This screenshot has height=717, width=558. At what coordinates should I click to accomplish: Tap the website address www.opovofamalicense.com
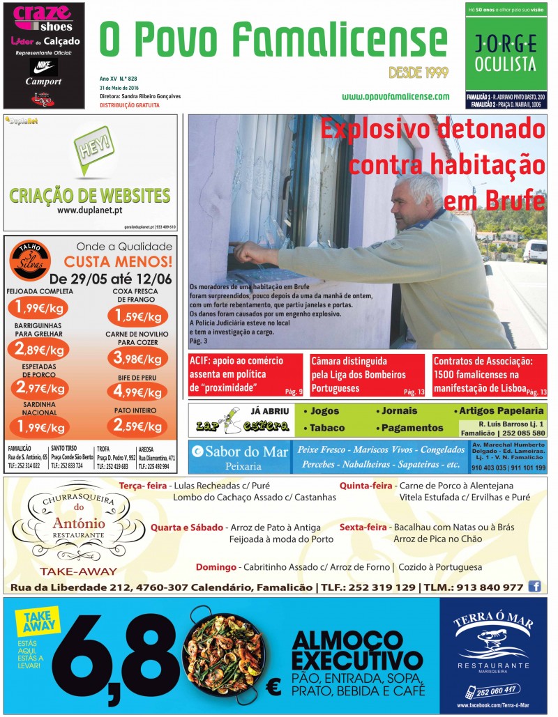pos(395,97)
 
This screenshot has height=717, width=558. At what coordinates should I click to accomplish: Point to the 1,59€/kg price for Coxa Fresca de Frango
pos(137,317)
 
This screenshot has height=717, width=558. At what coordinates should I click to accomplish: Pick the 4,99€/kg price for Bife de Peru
pos(137,390)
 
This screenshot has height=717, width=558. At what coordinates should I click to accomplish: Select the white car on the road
pos(535,251)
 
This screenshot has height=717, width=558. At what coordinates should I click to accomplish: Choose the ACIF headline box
pos(246,375)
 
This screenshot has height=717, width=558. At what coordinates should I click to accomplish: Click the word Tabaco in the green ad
pos(327,427)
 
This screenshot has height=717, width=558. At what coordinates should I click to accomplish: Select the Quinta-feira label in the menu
pos(366,485)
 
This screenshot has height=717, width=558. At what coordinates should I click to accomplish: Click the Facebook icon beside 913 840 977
pos(535,586)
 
